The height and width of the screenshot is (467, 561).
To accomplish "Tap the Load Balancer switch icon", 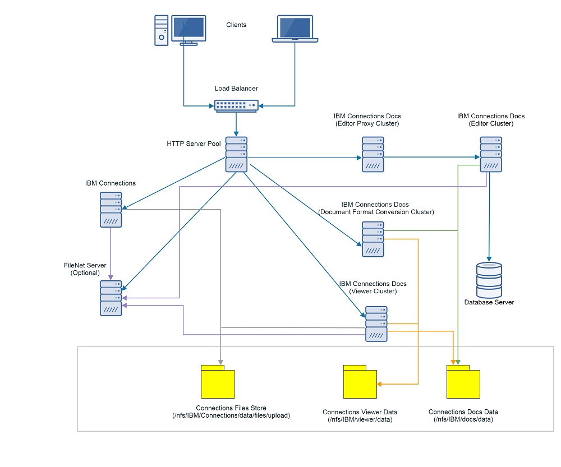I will pyautogui.click(x=236, y=105).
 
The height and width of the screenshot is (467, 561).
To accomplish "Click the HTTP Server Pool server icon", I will pyautogui.click(x=236, y=154).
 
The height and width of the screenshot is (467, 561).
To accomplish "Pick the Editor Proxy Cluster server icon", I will pyautogui.click(x=373, y=154).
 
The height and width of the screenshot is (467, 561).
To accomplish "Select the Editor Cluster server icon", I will pyautogui.click(x=491, y=154).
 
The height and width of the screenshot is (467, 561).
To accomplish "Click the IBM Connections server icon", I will pyautogui.click(x=111, y=209).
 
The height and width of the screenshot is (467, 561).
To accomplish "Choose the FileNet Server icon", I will pyautogui.click(x=111, y=298).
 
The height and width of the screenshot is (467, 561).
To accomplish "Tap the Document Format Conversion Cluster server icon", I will pyautogui.click(x=373, y=239).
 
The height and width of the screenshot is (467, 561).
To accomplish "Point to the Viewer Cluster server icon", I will pyautogui.click(x=376, y=323).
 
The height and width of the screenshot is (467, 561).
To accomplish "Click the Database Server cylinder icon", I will pyautogui.click(x=489, y=280).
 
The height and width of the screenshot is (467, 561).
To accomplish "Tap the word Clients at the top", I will pyautogui.click(x=236, y=25).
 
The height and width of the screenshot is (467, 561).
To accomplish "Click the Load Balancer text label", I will pyautogui.click(x=236, y=89).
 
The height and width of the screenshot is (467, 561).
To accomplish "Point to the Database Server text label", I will pyautogui.click(x=489, y=302).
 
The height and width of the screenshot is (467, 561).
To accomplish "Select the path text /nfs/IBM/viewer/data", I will pyautogui.click(x=360, y=419).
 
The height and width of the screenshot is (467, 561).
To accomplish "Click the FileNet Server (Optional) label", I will pyautogui.click(x=85, y=269).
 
